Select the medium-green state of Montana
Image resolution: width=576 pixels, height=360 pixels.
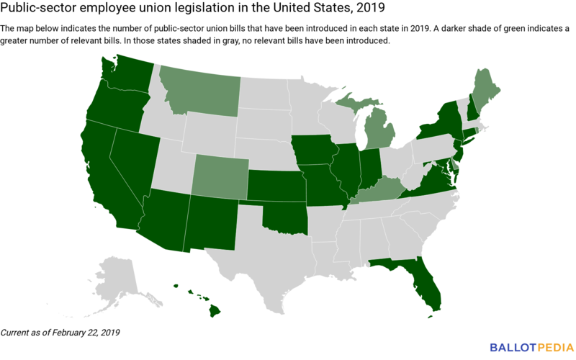(198, 90)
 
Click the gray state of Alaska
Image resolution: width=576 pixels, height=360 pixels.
(119, 277)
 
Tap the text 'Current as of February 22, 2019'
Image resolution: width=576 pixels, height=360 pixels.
(60, 333)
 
